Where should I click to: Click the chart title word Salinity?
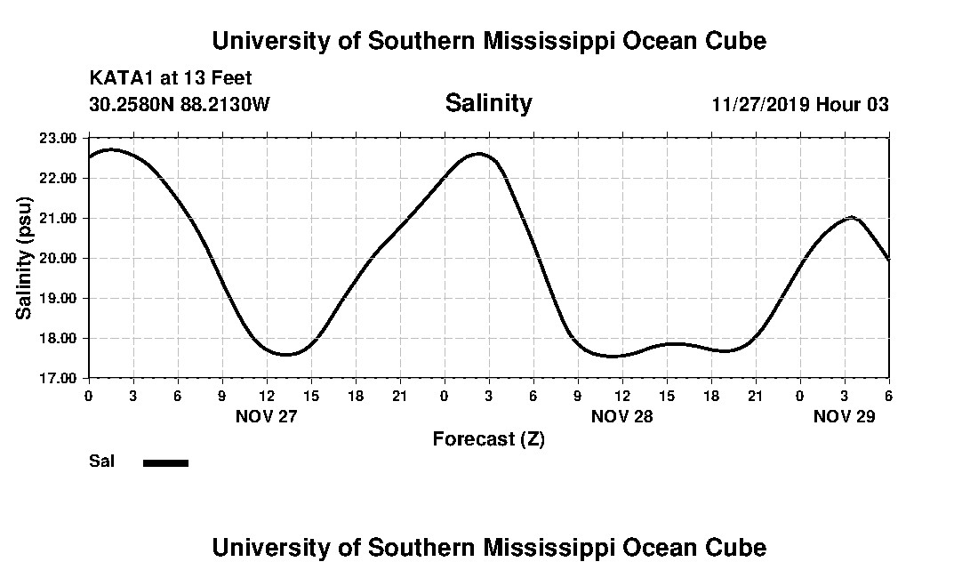(488, 103)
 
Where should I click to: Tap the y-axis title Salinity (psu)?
(24, 257)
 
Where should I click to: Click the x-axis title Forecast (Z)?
(488, 439)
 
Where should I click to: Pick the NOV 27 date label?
(266, 416)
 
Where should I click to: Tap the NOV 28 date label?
(621, 416)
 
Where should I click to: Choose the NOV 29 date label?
(844, 416)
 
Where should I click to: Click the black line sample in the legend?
(165, 462)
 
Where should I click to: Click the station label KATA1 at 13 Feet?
(171, 79)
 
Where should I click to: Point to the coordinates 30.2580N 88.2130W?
(180, 104)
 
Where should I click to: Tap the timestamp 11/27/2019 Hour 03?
(800, 104)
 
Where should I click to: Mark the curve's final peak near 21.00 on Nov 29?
(852, 217)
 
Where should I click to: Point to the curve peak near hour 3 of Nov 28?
(479, 154)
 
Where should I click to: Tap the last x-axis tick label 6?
(888, 394)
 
